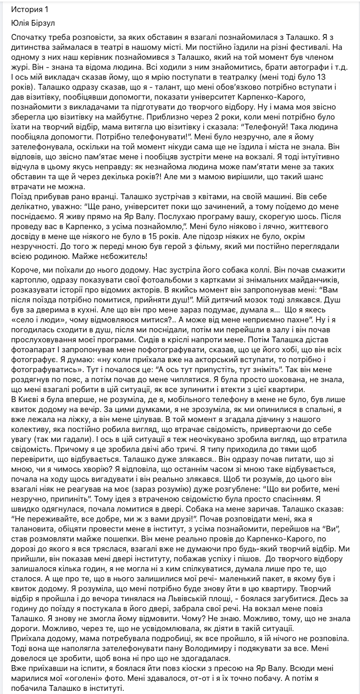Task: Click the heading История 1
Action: point(27,9)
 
